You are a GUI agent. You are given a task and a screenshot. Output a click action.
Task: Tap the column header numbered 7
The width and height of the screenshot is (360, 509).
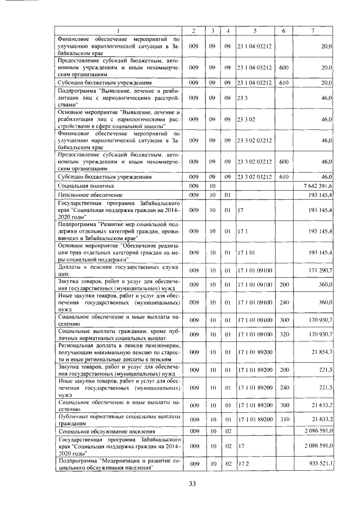(x=313, y=30)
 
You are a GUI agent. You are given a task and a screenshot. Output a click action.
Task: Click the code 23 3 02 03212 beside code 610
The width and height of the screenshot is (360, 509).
(x=255, y=176)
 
